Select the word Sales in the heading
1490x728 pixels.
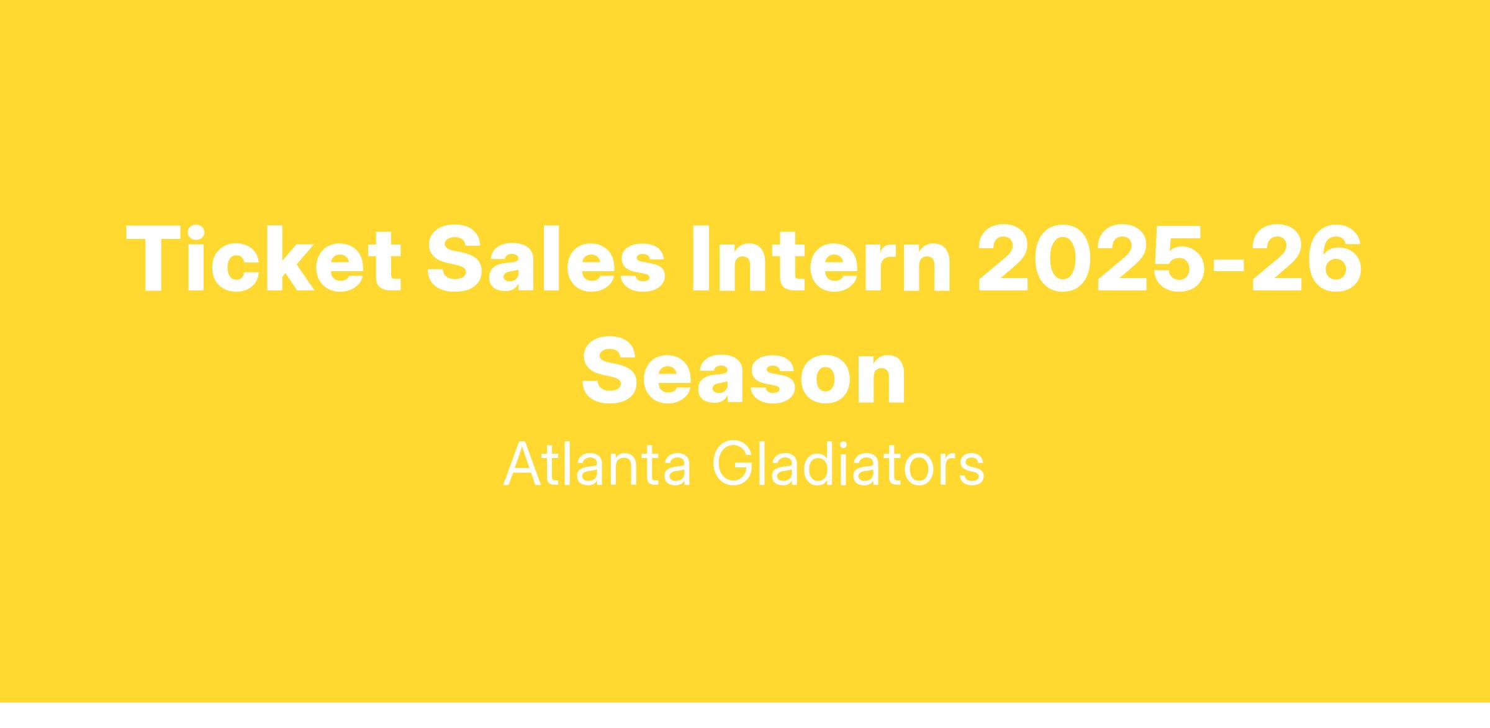546,258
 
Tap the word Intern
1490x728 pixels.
821,258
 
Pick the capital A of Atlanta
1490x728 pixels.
523,464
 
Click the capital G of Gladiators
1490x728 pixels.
733,464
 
